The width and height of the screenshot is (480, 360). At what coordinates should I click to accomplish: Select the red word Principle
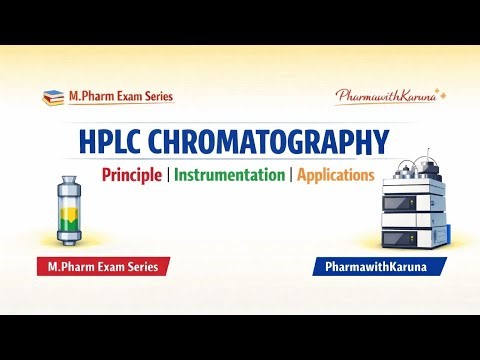(133, 175)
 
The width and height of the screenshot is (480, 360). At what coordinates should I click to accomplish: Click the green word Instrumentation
(229, 175)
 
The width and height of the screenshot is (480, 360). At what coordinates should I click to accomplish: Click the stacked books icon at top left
(52, 97)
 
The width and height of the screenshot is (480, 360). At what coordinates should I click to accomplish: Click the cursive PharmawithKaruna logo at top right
(385, 97)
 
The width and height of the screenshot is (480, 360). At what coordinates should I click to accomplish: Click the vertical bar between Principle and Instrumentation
(169, 175)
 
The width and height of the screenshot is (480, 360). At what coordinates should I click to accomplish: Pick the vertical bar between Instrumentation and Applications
(289, 175)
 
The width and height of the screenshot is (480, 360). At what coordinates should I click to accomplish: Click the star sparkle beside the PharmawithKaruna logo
(441, 93)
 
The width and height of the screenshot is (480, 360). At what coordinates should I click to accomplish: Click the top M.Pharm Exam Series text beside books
(120, 97)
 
